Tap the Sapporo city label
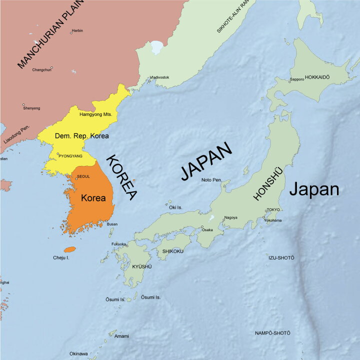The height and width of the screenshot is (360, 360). [x=297, y=79]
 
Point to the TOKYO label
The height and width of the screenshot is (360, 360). [x=273, y=209]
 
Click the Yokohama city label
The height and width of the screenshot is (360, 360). [x=273, y=220]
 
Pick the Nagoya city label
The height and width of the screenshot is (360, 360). [x=231, y=217]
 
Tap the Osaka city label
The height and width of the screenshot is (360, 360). [x=207, y=230]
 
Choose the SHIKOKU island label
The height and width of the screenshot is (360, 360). [x=173, y=251]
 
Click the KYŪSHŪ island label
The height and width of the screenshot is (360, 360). [x=141, y=266]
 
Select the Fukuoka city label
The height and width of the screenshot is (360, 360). [x=118, y=244]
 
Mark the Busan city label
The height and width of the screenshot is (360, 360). [x=112, y=224]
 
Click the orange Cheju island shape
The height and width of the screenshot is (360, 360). [x=69, y=249]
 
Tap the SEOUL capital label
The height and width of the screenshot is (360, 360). [x=83, y=176]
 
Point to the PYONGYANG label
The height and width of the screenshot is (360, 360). [x=70, y=156]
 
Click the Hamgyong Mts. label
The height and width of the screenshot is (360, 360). [x=96, y=114]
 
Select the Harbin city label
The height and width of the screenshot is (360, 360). [x=77, y=31]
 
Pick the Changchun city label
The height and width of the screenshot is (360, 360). [x=42, y=69]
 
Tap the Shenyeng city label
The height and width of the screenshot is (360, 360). [x=31, y=108]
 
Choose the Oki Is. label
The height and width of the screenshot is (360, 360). [x=176, y=207]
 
